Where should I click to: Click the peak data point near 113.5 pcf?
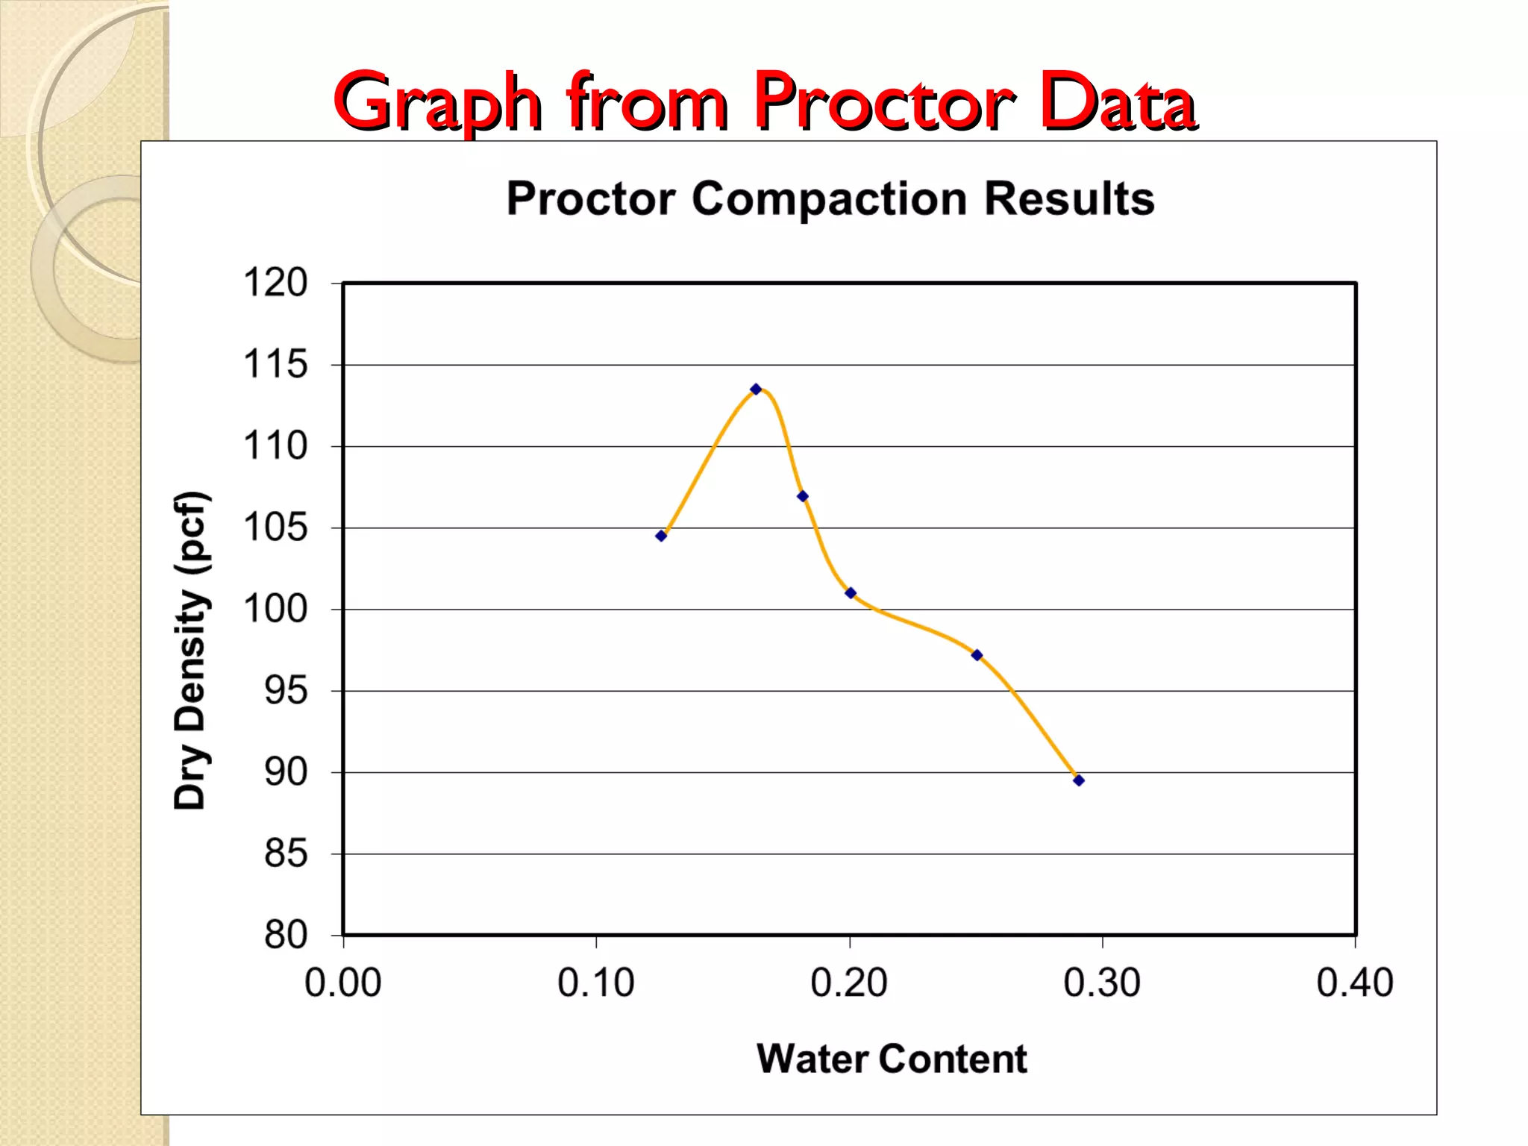(x=756, y=389)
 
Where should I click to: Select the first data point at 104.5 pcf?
(x=661, y=536)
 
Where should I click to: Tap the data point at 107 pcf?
(x=803, y=496)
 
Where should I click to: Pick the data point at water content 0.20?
(x=851, y=593)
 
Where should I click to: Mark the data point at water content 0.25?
(x=977, y=655)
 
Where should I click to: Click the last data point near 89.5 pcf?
(x=1079, y=780)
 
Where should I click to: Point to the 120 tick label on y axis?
(x=275, y=284)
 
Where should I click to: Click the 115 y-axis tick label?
(x=275, y=365)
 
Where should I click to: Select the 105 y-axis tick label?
(x=275, y=528)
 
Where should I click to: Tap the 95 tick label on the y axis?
(x=286, y=691)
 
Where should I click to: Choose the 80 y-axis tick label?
(x=286, y=936)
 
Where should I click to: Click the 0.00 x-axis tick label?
(x=343, y=983)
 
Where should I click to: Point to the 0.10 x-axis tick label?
(x=596, y=983)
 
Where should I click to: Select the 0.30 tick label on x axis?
(x=1102, y=983)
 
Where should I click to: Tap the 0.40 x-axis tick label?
(x=1355, y=983)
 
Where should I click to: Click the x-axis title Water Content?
(x=892, y=1059)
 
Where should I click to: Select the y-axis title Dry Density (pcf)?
(x=190, y=650)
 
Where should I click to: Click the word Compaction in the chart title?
(x=829, y=199)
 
